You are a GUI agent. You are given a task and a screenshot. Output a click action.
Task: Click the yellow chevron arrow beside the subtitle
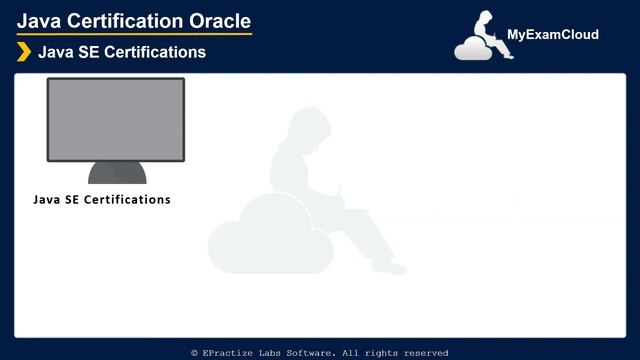tap(24, 52)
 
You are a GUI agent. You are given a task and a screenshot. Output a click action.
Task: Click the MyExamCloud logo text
tap(553, 35)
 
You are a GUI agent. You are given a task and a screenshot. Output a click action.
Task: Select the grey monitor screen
tap(116, 119)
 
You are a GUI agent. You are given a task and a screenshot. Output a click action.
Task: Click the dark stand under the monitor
tap(117, 173)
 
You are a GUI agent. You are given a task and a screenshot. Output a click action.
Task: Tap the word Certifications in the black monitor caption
tap(126, 200)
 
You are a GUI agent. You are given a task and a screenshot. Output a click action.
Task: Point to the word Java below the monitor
tap(46, 200)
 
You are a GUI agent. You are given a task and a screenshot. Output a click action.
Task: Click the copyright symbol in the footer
tap(195, 353)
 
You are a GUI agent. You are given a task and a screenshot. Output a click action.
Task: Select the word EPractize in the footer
tap(225, 353)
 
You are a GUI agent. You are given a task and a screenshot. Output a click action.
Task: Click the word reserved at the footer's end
tap(424, 353)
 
